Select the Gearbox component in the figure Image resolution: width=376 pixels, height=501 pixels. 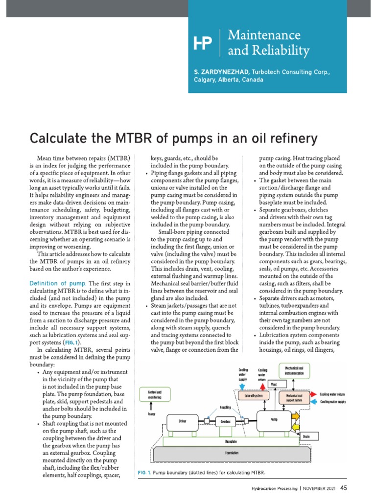(x=225, y=421)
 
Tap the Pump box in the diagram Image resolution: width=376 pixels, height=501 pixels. (x=274, y=419)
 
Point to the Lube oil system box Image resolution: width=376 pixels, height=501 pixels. (x=254, y=395)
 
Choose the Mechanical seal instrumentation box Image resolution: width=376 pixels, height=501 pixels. (x=294, y=370)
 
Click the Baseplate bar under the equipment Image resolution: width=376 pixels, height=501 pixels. (x=232, y=441)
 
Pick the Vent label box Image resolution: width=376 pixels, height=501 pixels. (x=274, y=385)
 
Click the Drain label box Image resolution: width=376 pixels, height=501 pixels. (x=306, y=436)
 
